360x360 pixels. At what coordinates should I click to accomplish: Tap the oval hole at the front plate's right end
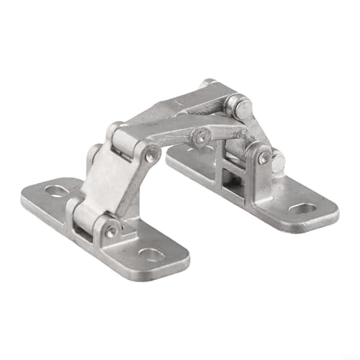[x=150, y=254]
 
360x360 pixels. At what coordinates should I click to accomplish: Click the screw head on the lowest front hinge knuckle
[x=110, y=232]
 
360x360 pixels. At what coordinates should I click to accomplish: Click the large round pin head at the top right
[x=240, y=107]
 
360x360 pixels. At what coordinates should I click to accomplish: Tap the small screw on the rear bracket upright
[x=264, y=154]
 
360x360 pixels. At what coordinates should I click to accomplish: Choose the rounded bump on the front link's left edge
[x=94, y=157]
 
